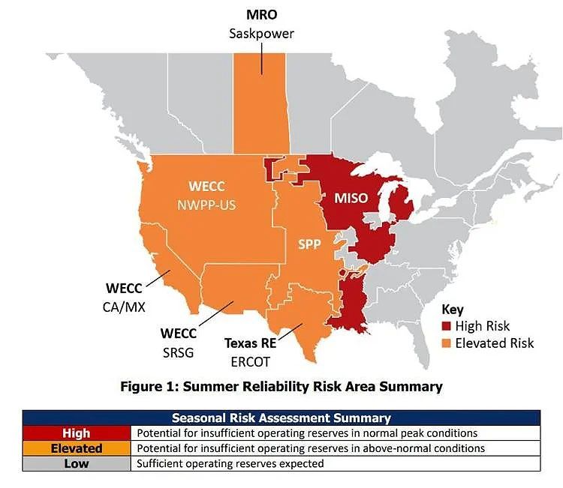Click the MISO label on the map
(351, 199)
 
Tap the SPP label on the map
(309, 244)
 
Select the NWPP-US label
(207, 205)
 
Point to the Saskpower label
(261, 34)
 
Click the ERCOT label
(250, 362)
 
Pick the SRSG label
(178, 353)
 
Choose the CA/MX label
(124, 307)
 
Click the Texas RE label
(251, 343)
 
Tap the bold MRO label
(262, 15)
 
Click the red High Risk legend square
(446, 326)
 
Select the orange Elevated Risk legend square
(446, 343)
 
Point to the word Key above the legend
(453, 310)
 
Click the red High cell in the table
(77, 433)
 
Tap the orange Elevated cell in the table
(77, 448)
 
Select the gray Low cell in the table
(77, 463)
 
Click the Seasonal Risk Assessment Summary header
(281, 418)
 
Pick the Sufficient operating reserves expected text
(230, 463)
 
